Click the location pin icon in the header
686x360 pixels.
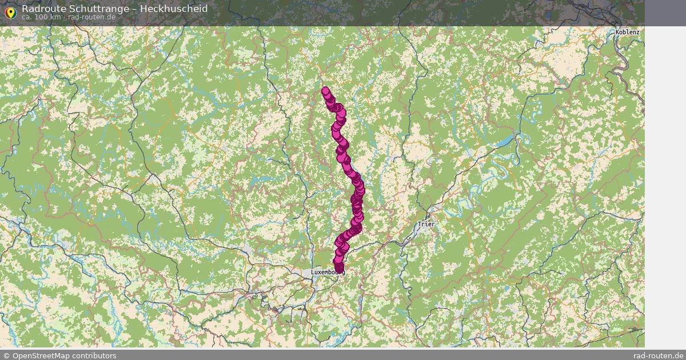pos(10,12)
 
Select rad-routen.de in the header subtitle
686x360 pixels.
pos(91,17)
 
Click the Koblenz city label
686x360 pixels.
pos(627,32)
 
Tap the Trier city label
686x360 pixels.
pos(425,224)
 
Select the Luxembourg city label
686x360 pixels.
pos(327,273)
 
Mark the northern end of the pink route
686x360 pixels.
pos(325,90)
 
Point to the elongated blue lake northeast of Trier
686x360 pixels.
pos(506,141)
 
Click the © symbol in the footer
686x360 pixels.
pos(6,355)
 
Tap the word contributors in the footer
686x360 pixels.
pos(95,355)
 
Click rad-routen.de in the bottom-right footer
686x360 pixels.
pos(659,355)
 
